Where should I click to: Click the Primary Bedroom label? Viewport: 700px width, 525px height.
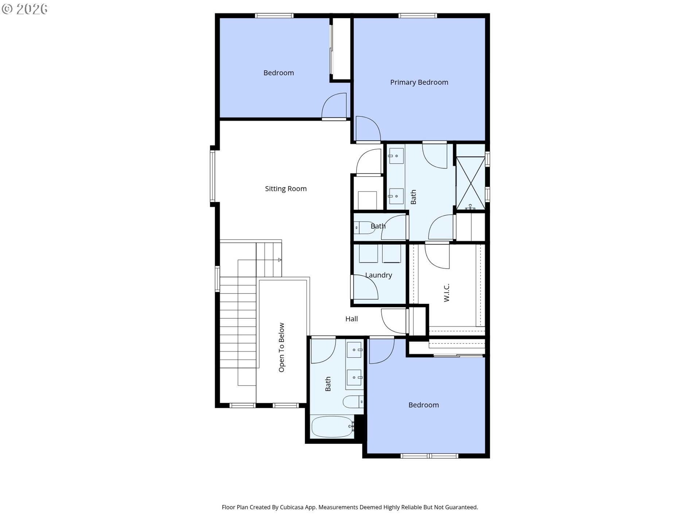pos(419,82)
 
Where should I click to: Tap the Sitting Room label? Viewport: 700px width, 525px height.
pos(286,189)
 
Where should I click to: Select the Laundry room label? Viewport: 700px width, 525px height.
pos(378,275)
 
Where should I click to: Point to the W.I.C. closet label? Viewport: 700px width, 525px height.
pos(447,292)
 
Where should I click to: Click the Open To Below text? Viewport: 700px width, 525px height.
pos(281,347)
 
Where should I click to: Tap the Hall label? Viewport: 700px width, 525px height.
pos(351,319)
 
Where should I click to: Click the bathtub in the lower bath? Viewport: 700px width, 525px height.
pos(332,427)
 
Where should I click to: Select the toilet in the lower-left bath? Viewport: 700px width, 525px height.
pos(353,402)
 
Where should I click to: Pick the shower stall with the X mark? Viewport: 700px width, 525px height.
pos(471,183)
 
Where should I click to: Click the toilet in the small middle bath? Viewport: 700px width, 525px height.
pos(364,228)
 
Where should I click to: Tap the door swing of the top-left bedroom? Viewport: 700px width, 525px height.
pos(334,106)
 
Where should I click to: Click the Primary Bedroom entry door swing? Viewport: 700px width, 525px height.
pos(368,128)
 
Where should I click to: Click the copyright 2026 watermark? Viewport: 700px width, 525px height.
pos(24,9)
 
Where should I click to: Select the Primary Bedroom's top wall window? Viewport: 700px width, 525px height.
pos(417,16)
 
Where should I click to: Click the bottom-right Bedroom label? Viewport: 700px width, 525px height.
pos(424,405)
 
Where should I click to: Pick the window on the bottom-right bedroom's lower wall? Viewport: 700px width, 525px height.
pos(429,456)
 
